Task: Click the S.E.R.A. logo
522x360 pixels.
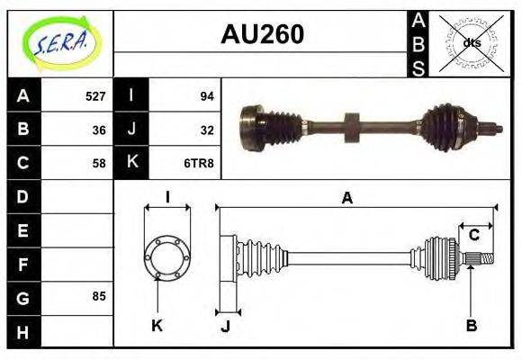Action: [x=60, y=43]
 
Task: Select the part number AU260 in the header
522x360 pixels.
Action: [x=262, y=35]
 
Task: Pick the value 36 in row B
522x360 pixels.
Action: [x=99, y=130]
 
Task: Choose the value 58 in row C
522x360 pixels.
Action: [x=99, y=163]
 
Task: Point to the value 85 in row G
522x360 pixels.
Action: [x=99, y=296]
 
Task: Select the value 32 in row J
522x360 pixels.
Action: [x=206, y=130]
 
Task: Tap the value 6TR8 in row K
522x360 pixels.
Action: [x=200, y=163]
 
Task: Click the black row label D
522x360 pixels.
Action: [x=23, y=196]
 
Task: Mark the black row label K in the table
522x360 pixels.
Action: [x=132, y=163]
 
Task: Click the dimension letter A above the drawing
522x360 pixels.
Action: [x=346, y=199]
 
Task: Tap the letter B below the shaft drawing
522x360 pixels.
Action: [x=472, y=325]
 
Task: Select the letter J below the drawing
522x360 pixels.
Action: [x=225, y=326]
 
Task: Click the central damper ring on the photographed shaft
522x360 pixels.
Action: [x=350, y=125]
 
